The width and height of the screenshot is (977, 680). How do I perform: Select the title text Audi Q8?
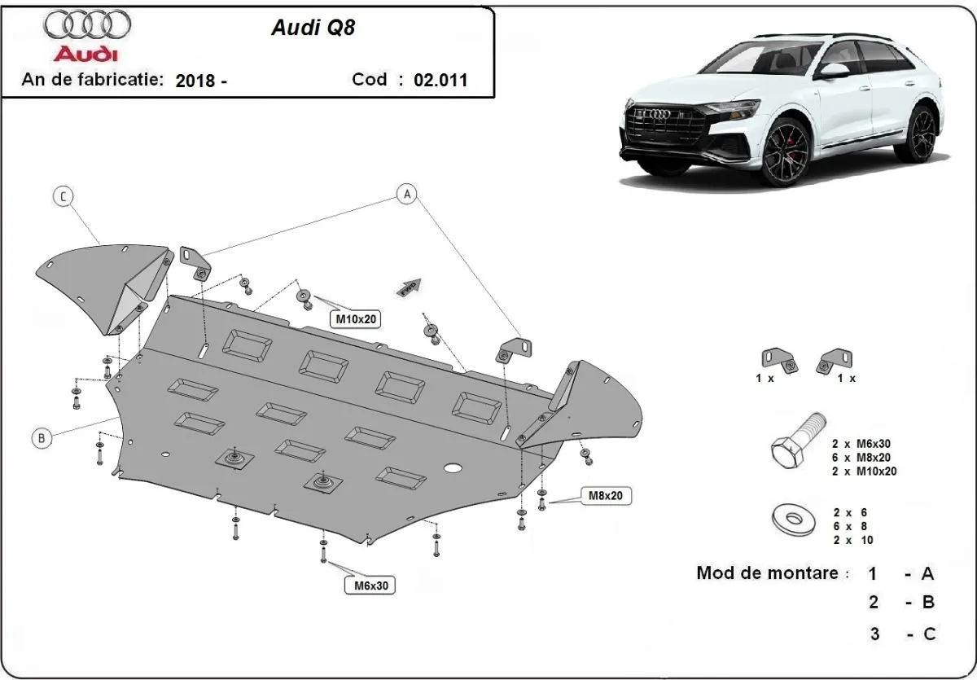[x=313, y=28]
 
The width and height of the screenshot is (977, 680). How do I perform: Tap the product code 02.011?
[x=440, y=80]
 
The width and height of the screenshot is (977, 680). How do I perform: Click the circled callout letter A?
[x=406, y=193]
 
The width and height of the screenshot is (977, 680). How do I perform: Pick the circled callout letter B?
[x=41, y=438]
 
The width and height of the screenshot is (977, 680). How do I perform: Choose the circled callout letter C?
[x=63, y=195]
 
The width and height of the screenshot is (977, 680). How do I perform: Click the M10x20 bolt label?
[x=356, y=319]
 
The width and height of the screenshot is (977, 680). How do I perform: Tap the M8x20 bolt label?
[x=607, y=495]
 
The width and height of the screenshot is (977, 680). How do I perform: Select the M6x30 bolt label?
[x=369, y=584]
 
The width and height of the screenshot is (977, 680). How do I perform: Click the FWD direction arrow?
[x=408, y=287]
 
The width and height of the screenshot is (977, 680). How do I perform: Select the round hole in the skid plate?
[x=453, y=468]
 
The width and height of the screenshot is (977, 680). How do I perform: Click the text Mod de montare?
[x=767, y=573]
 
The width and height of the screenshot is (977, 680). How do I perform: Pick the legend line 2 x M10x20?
[x=865, y=471]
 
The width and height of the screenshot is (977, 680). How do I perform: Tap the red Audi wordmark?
[x=85, y=54]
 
